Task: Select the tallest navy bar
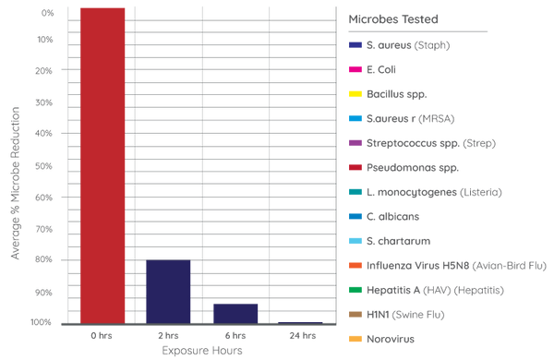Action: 167,291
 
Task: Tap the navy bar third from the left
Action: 235,312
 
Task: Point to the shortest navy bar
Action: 300,321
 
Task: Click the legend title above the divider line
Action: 393,18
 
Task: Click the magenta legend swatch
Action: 355,68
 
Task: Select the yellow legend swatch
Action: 355,93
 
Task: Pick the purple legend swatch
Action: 355,142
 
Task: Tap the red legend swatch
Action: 355,167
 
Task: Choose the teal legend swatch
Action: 355,192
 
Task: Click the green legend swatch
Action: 355,290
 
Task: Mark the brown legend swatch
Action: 355,315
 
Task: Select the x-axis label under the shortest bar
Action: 300,334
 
